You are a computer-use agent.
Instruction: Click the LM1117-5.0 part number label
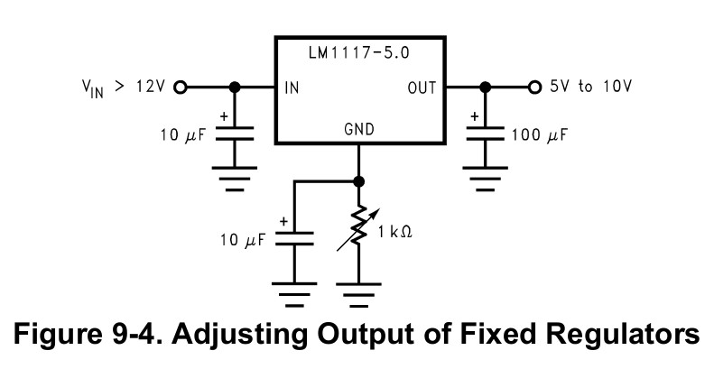[358, 53]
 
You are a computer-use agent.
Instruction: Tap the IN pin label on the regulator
[292, 88]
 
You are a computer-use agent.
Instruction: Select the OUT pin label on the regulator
[422, 88]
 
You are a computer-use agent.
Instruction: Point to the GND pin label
[358, 129]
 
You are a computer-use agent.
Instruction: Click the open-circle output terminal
[533, 88]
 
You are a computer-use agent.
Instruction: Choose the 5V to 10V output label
[591, 88]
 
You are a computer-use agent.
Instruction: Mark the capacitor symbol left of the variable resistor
[294, 238]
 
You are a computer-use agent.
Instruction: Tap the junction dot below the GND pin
[358, 180]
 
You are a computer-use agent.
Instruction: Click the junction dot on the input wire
[235, 88]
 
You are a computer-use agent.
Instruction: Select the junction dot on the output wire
[486, 88]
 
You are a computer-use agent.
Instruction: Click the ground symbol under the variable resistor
[359, 294]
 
